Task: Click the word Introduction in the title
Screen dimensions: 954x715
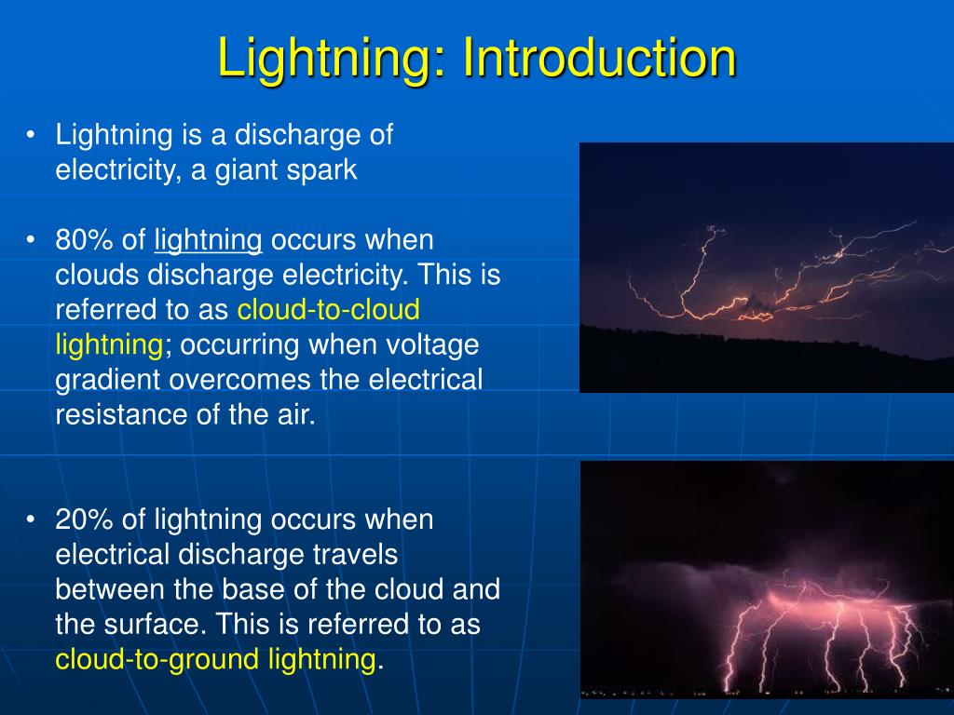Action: point(599,58)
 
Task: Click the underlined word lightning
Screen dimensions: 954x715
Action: point(208,242)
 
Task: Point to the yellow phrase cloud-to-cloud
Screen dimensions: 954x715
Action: point(329,309)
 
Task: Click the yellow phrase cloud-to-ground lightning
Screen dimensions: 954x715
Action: point(215,661)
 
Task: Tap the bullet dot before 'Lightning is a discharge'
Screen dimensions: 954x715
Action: point(31,134)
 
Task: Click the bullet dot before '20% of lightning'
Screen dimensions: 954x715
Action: point(31,519)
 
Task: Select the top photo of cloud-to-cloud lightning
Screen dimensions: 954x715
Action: point(767,267)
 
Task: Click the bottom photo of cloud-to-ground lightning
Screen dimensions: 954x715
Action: point(767,579)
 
